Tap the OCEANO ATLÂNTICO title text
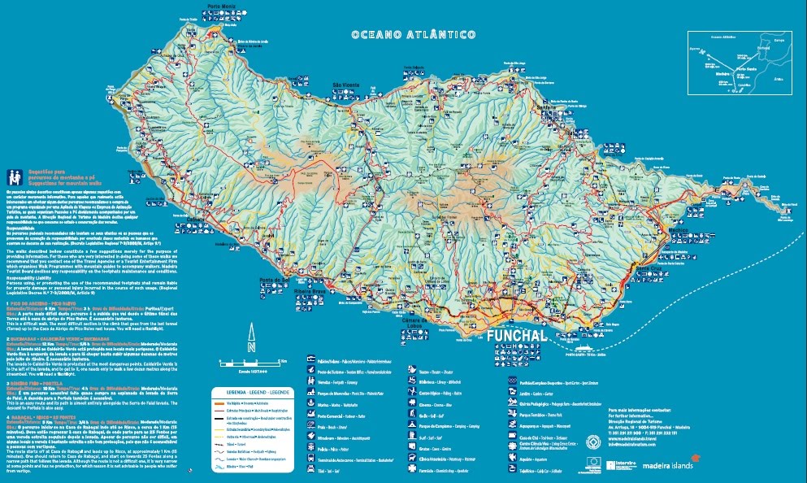[x=413, y=36]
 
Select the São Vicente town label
[x=346, y=85]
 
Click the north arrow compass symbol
[x=252, y=339]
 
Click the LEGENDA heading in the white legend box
[x=231, y=391]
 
